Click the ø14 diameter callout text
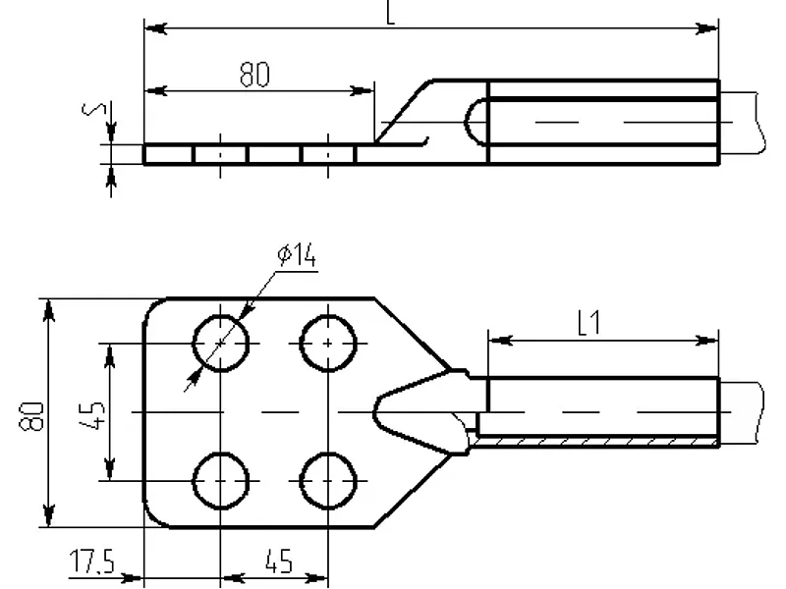point(297,255)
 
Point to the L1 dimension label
point(589,323)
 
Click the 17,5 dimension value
point(92,561)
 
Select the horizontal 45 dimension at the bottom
point(279,562)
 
